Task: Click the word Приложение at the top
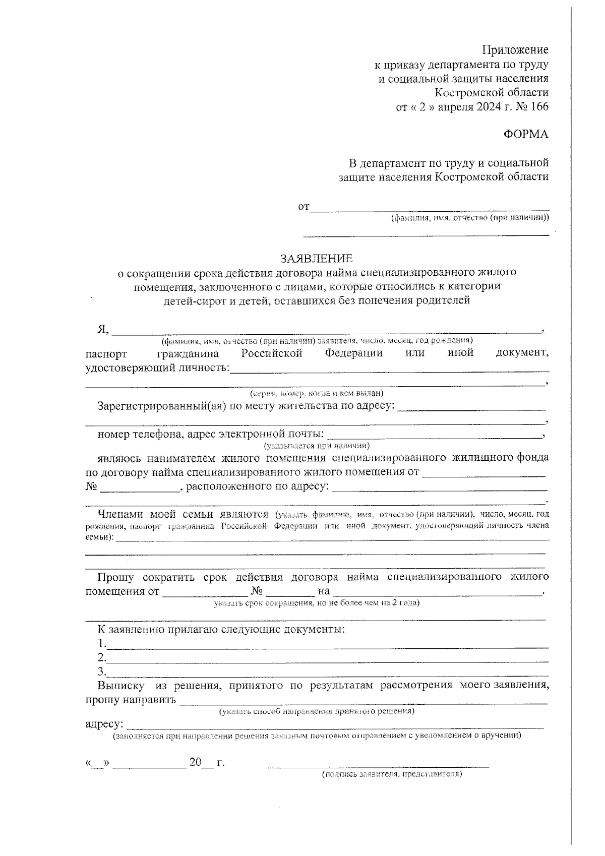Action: (x=515, y=50)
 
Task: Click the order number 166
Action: (x=538, y=107)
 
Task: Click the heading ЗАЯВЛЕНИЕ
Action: (x=317, y=259)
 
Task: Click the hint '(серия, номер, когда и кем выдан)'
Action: (x=317, y=393)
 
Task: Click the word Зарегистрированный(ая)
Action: (x=161, y=406)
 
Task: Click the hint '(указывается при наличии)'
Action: (x=317, y=446)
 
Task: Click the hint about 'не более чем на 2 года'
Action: (x=317, y=602)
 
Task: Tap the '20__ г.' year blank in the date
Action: (x=207, y=763)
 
